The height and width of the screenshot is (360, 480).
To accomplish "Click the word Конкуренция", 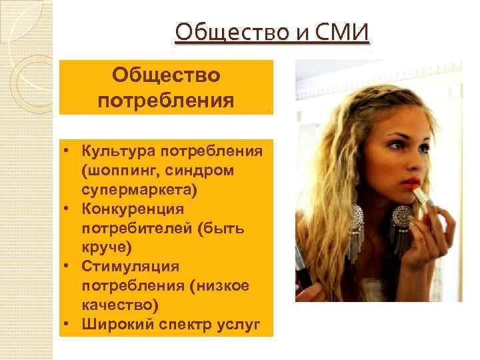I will click(x=133, y=209).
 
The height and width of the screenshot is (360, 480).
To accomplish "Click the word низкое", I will click(x=227, y=287).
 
